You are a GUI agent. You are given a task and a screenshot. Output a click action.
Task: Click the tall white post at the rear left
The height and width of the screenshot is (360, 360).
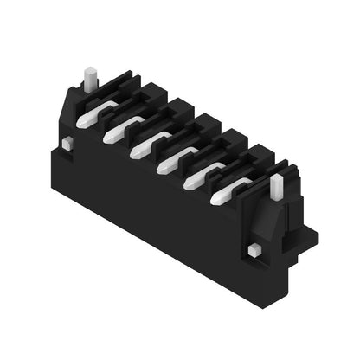point(88,79)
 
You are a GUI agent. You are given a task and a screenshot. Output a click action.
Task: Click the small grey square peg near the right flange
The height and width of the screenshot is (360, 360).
point(254,250)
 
